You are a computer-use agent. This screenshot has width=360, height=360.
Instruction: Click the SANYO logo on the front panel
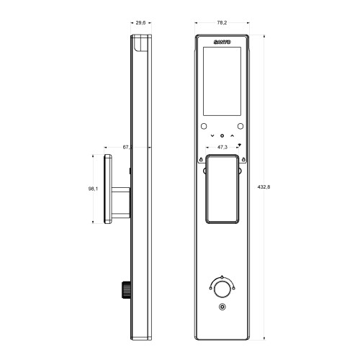pyautogui.click(x=222, y=45)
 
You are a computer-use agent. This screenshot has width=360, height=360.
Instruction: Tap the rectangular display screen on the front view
pyautogui.click(x=222, y=82)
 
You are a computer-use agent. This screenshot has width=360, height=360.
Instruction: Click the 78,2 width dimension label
pyautogui.click(x=222, y=22)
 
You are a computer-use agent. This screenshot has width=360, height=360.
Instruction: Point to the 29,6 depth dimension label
pyautogui.click(x=141, y=22)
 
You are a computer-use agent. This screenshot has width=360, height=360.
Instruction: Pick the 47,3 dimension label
pyautogui.click(x=222, y=147)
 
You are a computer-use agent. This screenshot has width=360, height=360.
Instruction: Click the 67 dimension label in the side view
pyautogui.click(x=127, y=147)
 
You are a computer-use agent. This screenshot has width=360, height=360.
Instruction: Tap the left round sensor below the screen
pyautogui.click(x=204, y=125)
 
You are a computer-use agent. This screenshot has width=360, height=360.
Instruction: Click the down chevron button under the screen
pyautogui.click(x=212, y=135)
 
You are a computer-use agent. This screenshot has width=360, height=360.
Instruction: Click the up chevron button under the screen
pyautogui.click(x=232, y=135)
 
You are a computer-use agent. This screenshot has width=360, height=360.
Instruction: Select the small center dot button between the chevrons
pyautogui.click(x=222, y=135)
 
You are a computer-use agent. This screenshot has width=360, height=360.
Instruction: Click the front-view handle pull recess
pyautogui.click(x=222, y=189)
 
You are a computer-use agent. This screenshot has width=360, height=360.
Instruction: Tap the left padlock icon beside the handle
pyautogui.click(x=200, y=160)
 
